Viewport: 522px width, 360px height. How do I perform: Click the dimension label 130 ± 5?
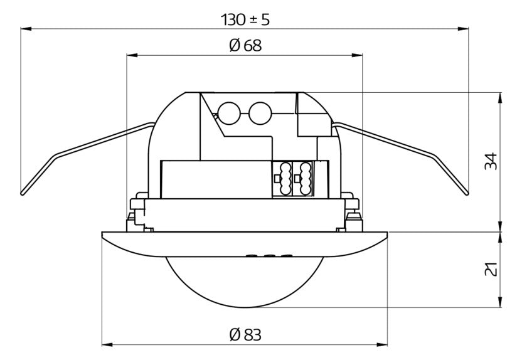(245, 19)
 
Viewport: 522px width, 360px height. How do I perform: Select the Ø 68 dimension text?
(245, 45)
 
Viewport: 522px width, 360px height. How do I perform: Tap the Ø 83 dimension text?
(245, 335)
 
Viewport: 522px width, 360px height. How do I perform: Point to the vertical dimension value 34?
(491, 161)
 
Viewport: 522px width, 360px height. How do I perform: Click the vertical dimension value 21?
(491, 269)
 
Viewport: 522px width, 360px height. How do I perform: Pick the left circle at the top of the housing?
(230, 113)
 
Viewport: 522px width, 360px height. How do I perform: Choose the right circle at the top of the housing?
(260, 113)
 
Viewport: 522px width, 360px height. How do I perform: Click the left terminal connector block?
(282, 179)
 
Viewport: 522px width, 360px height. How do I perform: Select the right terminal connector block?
(303, 179)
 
